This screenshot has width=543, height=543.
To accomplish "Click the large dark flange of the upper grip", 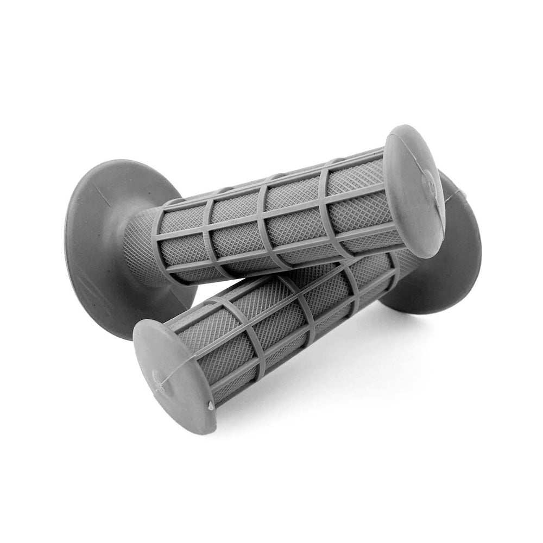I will coord(103,228).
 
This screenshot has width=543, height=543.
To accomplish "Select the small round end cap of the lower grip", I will coord(174,375).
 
